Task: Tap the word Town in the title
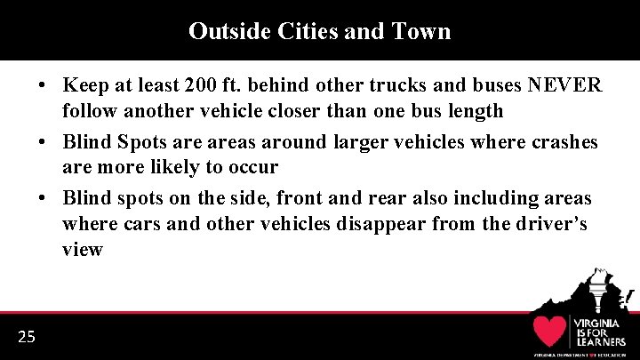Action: pos(421,31)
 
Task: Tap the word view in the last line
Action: pos(83,250)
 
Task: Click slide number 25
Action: pos(26,336)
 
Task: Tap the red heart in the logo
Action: pos(550,331)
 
